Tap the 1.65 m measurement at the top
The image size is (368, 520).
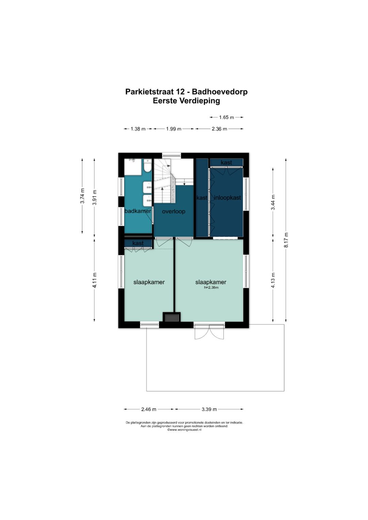coord(226,117)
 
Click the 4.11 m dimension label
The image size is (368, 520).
coord(95,280)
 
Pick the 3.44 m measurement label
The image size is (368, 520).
coord(273,202)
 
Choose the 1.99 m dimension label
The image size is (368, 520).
coord(173,129)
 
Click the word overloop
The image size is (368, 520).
coord(173,211)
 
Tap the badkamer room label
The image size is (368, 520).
coord(138,211)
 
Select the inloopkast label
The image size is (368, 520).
coord(228,198)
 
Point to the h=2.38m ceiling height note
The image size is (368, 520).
coord(211,288)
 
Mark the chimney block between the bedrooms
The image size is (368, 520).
coord(172,317)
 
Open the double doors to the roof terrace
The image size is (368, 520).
coord(209,331)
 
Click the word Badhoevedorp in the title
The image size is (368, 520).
coord(220,92)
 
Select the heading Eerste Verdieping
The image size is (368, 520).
coord(186,101)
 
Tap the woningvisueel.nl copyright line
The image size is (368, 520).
coord(184,430)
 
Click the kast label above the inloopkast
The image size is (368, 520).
coord(226,162)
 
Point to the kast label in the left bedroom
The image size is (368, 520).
coord(138,243)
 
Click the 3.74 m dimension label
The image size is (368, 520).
coord(82,196)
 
